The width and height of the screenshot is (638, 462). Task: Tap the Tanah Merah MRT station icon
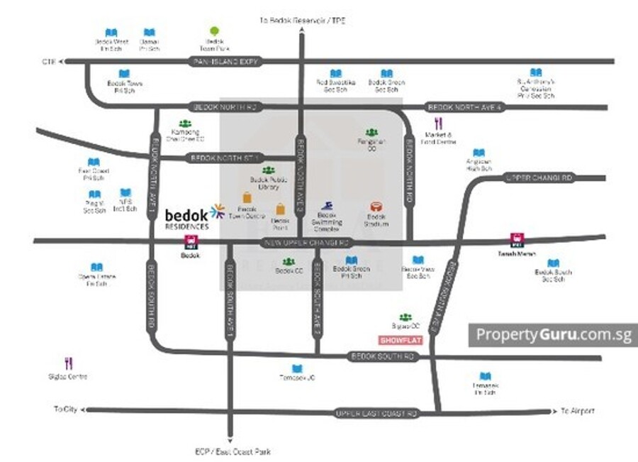coord(516,241)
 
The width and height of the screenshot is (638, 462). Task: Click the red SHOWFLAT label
coord(401,340)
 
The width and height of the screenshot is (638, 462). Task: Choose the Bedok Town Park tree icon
coord(215,33)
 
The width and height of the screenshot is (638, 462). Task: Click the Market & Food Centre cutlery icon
coord(438,124)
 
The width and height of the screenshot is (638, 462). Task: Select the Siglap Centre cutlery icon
coord(69,363)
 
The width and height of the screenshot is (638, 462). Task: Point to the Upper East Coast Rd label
coord(376,412)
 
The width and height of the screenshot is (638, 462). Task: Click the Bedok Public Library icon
coord(268,170)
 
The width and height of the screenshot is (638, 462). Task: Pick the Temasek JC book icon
coord(296,368)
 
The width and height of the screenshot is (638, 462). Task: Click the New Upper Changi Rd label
coord(307,243)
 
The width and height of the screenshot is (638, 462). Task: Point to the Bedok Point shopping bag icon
coord(281,209)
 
